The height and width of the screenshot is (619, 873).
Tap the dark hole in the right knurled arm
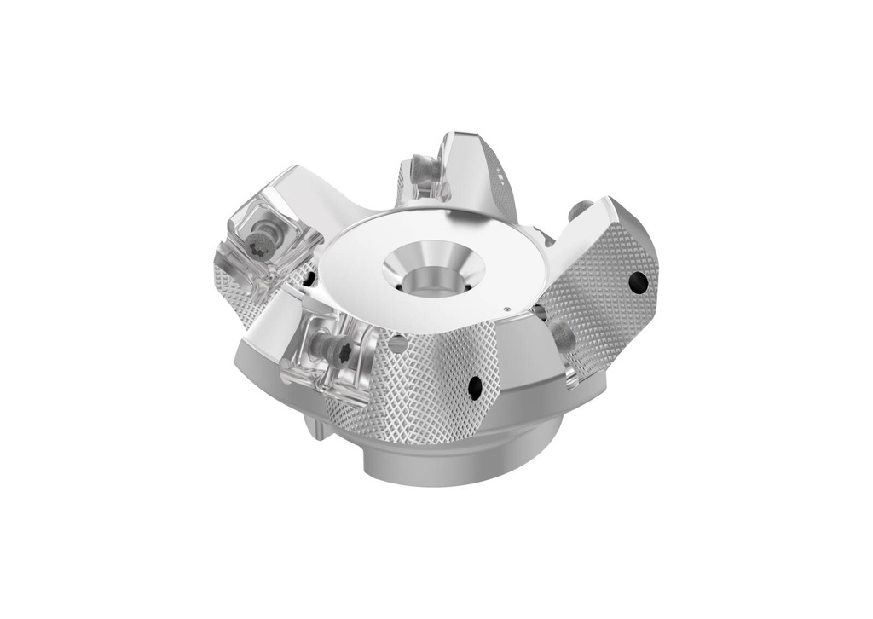point(636,281)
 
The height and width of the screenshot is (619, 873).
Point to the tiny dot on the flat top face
point(506,309)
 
